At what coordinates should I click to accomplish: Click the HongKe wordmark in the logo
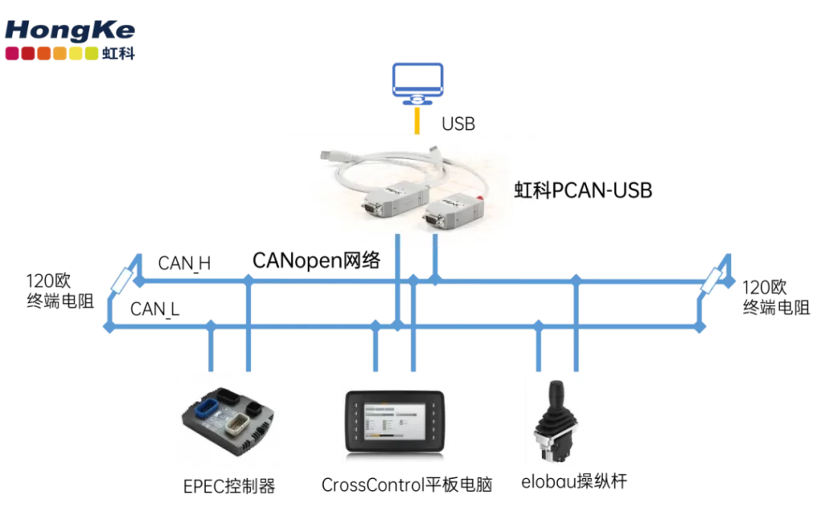click(69, 30)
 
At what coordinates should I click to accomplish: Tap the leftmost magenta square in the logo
click(11, 54)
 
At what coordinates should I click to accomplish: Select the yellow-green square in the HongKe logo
click(92, 54)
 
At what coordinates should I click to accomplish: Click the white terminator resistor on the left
click(123, 280)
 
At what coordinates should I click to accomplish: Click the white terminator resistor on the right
click(712, 280)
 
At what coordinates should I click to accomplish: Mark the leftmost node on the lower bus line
click(109, 327)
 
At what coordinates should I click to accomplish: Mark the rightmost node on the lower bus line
click(699, 327)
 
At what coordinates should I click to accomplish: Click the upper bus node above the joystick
click(576, 279)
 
